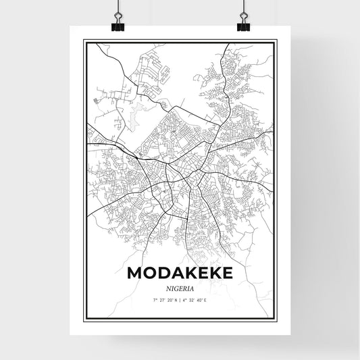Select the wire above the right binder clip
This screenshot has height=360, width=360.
(242, 7)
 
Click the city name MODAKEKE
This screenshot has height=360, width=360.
(180, 274)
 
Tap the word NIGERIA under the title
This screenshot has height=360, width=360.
(180, 288)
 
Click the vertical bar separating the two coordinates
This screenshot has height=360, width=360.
(180, 300)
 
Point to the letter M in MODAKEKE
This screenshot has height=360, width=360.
(135, 274)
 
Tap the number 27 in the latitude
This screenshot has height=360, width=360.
(161, 300)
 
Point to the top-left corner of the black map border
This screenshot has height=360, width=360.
(84, 41)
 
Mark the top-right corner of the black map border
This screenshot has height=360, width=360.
(276, 41)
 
